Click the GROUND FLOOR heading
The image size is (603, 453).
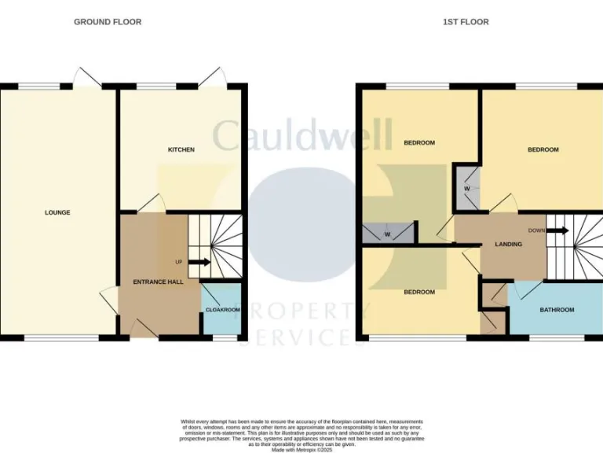[108, 22]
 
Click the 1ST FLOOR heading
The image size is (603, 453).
[465, 22]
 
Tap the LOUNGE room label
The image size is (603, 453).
[57, 212]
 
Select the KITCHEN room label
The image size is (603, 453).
[181, 149]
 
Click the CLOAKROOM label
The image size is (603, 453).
[222, 310]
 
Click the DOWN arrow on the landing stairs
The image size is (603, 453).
[558, 230]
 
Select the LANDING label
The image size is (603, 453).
[508, 245]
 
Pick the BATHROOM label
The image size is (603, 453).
[556, 310]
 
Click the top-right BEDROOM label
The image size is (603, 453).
[543, 149]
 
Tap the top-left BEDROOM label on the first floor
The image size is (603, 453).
[419, 142]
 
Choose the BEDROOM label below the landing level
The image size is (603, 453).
[419, 292]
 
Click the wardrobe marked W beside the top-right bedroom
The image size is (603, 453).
[466, 188]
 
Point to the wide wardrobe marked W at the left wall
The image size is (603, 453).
[388, 234]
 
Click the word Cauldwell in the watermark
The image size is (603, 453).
[302, 135]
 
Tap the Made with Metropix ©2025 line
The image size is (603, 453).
[301, 449]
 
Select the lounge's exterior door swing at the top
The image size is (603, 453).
[85, 76]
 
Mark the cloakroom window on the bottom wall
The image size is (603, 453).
[226, 338]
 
